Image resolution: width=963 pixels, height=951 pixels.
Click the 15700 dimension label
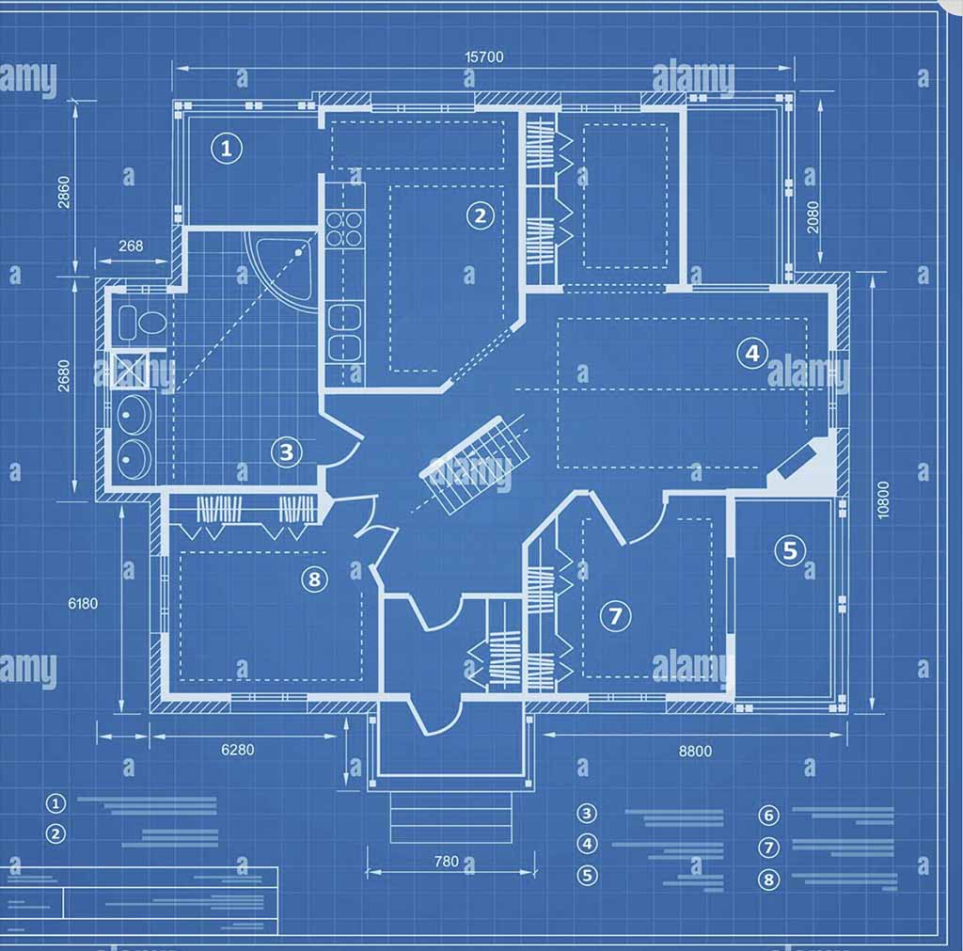coord(484,56)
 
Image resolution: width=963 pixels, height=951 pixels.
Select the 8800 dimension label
coord(695,751)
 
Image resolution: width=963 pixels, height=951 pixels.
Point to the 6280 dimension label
coord(237,750)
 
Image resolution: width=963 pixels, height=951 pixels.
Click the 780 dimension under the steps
coord(447,861)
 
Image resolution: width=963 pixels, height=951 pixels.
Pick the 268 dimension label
coord(131,246)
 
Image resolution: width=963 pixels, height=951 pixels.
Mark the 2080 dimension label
coord(813,217)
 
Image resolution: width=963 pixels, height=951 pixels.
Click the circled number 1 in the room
coord(226,148)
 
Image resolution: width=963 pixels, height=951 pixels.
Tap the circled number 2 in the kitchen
coord(481,216)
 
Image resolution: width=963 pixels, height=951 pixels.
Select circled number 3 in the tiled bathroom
coord(287,452)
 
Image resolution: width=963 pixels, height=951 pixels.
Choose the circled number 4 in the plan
coord(751,354)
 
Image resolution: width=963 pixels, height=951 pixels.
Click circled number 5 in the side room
coord(789,550)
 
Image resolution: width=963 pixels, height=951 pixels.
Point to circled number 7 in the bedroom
coord(615,617)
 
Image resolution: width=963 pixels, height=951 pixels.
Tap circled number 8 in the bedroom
coord(314,579)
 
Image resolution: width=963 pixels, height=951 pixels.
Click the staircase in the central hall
coord(476,463)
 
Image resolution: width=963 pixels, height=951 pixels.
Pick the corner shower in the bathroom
coord(286,266)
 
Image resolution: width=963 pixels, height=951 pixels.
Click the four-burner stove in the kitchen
coord(345,229)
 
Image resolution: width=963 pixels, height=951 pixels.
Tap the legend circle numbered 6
coord(769,816)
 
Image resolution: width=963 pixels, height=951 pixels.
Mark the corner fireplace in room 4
coord(801,465)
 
